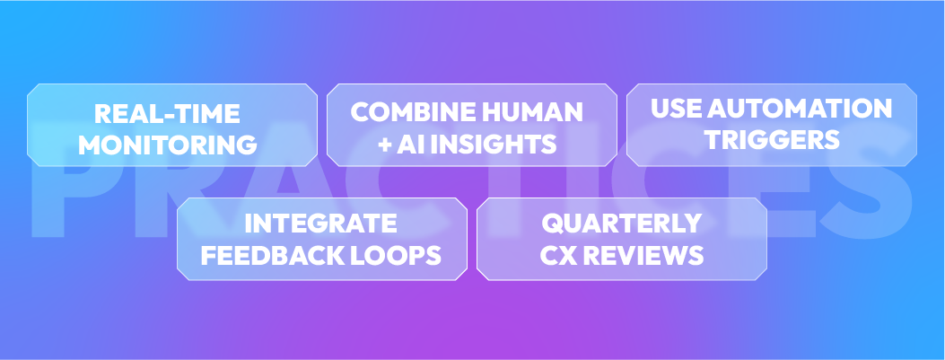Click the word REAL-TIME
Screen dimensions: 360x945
[x=168, y=114]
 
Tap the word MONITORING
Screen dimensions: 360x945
[x=168, y=144]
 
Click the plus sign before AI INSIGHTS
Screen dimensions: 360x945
[x=385, y=144]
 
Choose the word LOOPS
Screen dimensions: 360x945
[x=398, y=255]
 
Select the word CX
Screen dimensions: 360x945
[x=557, y=255]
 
